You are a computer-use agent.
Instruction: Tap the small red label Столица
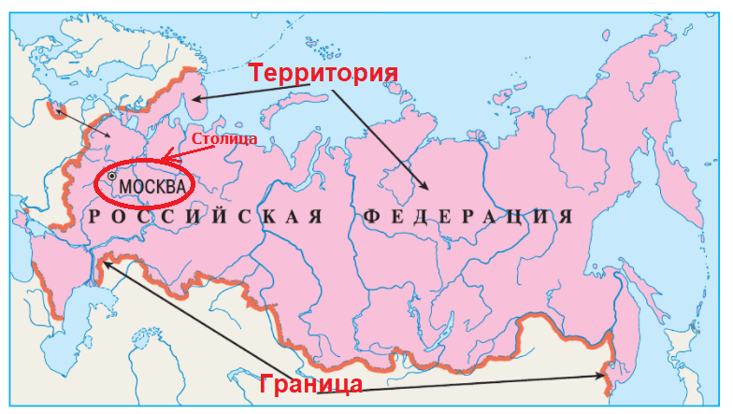coord(223,139)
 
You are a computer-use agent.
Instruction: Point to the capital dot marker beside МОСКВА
coord(112,176)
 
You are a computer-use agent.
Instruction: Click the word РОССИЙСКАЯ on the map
coord(204,217)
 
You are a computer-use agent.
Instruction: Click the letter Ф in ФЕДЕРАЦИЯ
coord(368,217)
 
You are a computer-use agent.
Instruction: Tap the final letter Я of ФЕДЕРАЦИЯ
coord(565,217)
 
